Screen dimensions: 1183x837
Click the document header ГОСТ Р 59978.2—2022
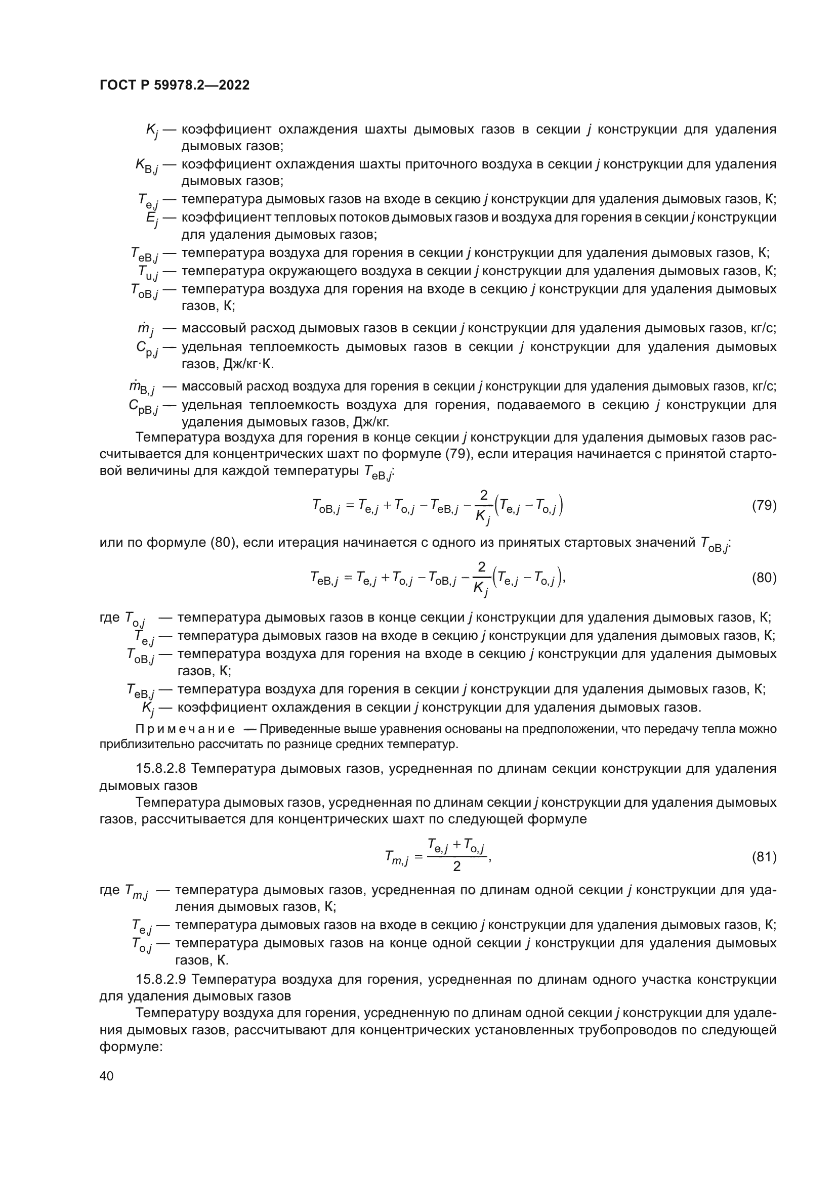tap(174, 85)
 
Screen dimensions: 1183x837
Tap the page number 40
tap(107, 1076)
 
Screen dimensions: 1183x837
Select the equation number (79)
tap(764, 505)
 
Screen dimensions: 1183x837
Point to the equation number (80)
tap(764, 578)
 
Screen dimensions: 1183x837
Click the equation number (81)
tap(764, 857)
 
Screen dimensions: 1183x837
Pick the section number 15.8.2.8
tap(163, 769)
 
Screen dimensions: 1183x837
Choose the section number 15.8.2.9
tap(163, 979)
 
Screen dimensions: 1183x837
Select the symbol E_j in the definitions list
tap(151, 219)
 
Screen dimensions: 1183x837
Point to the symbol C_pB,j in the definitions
tap(144, 407)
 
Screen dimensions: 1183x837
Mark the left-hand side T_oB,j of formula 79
tap(326, 507)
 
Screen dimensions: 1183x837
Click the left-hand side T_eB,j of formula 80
tap(324, 580)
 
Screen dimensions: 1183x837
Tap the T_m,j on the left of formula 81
tap(396, 858)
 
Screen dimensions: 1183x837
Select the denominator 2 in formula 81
tap(456, 867)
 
